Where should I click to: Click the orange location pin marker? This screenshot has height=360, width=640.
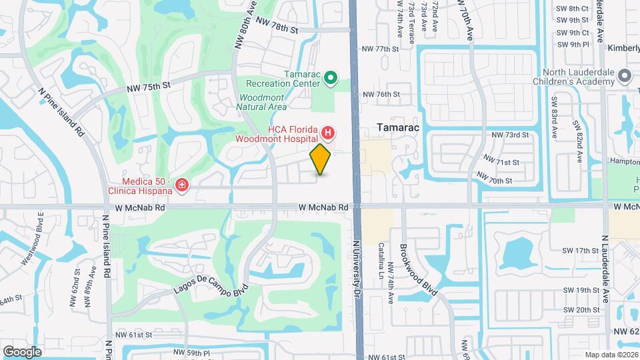click(321, 159)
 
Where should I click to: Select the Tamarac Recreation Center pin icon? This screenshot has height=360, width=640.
click(330, 79)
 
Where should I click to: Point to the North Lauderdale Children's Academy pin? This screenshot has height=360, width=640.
click(625, 75)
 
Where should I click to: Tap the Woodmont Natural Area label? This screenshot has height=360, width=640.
click(263, 102)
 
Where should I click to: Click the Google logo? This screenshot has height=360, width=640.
click(23, 351)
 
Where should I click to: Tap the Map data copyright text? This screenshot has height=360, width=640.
click(611, 354)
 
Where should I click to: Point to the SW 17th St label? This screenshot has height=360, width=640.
click(581, 251)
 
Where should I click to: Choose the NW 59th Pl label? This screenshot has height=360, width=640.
click(191, 351)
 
